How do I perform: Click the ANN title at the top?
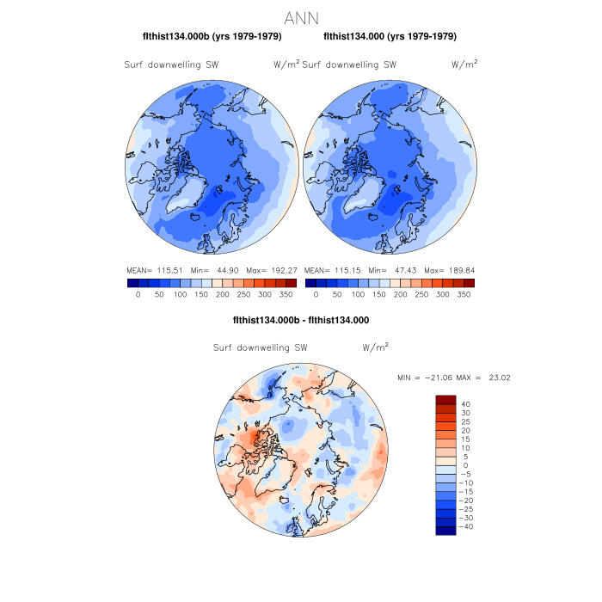pyautogui.click(x=301, y=17)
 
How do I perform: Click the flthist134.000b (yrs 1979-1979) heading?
pyautogui.click(x=212, y=36)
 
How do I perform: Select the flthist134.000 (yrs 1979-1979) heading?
pyautogui.click(x=390, y=36)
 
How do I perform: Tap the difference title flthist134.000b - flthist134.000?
pyautogui.click(x=301, y=320)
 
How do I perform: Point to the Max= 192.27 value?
pyautogui.click(x=272, y=269)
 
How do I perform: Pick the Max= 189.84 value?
pyautogui.click(x=450, y=269)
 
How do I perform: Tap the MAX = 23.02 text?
pyautogui.click(x=480, y=378)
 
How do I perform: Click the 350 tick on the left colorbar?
pyautogui.click(x=286, y=294)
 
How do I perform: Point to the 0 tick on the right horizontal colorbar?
pyautogui.click(x=316, y=294)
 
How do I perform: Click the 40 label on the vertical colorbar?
pyautogui.click(x=465, y=403)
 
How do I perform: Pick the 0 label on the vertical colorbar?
pyautogui.click(x=465, y=465)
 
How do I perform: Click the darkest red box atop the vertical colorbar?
pyautogui.click(x=445, y=400)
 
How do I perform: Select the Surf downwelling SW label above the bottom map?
pyautogui.click(x=260, y=348)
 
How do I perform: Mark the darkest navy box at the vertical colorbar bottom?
pyautogui.click(x=445, y=531)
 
